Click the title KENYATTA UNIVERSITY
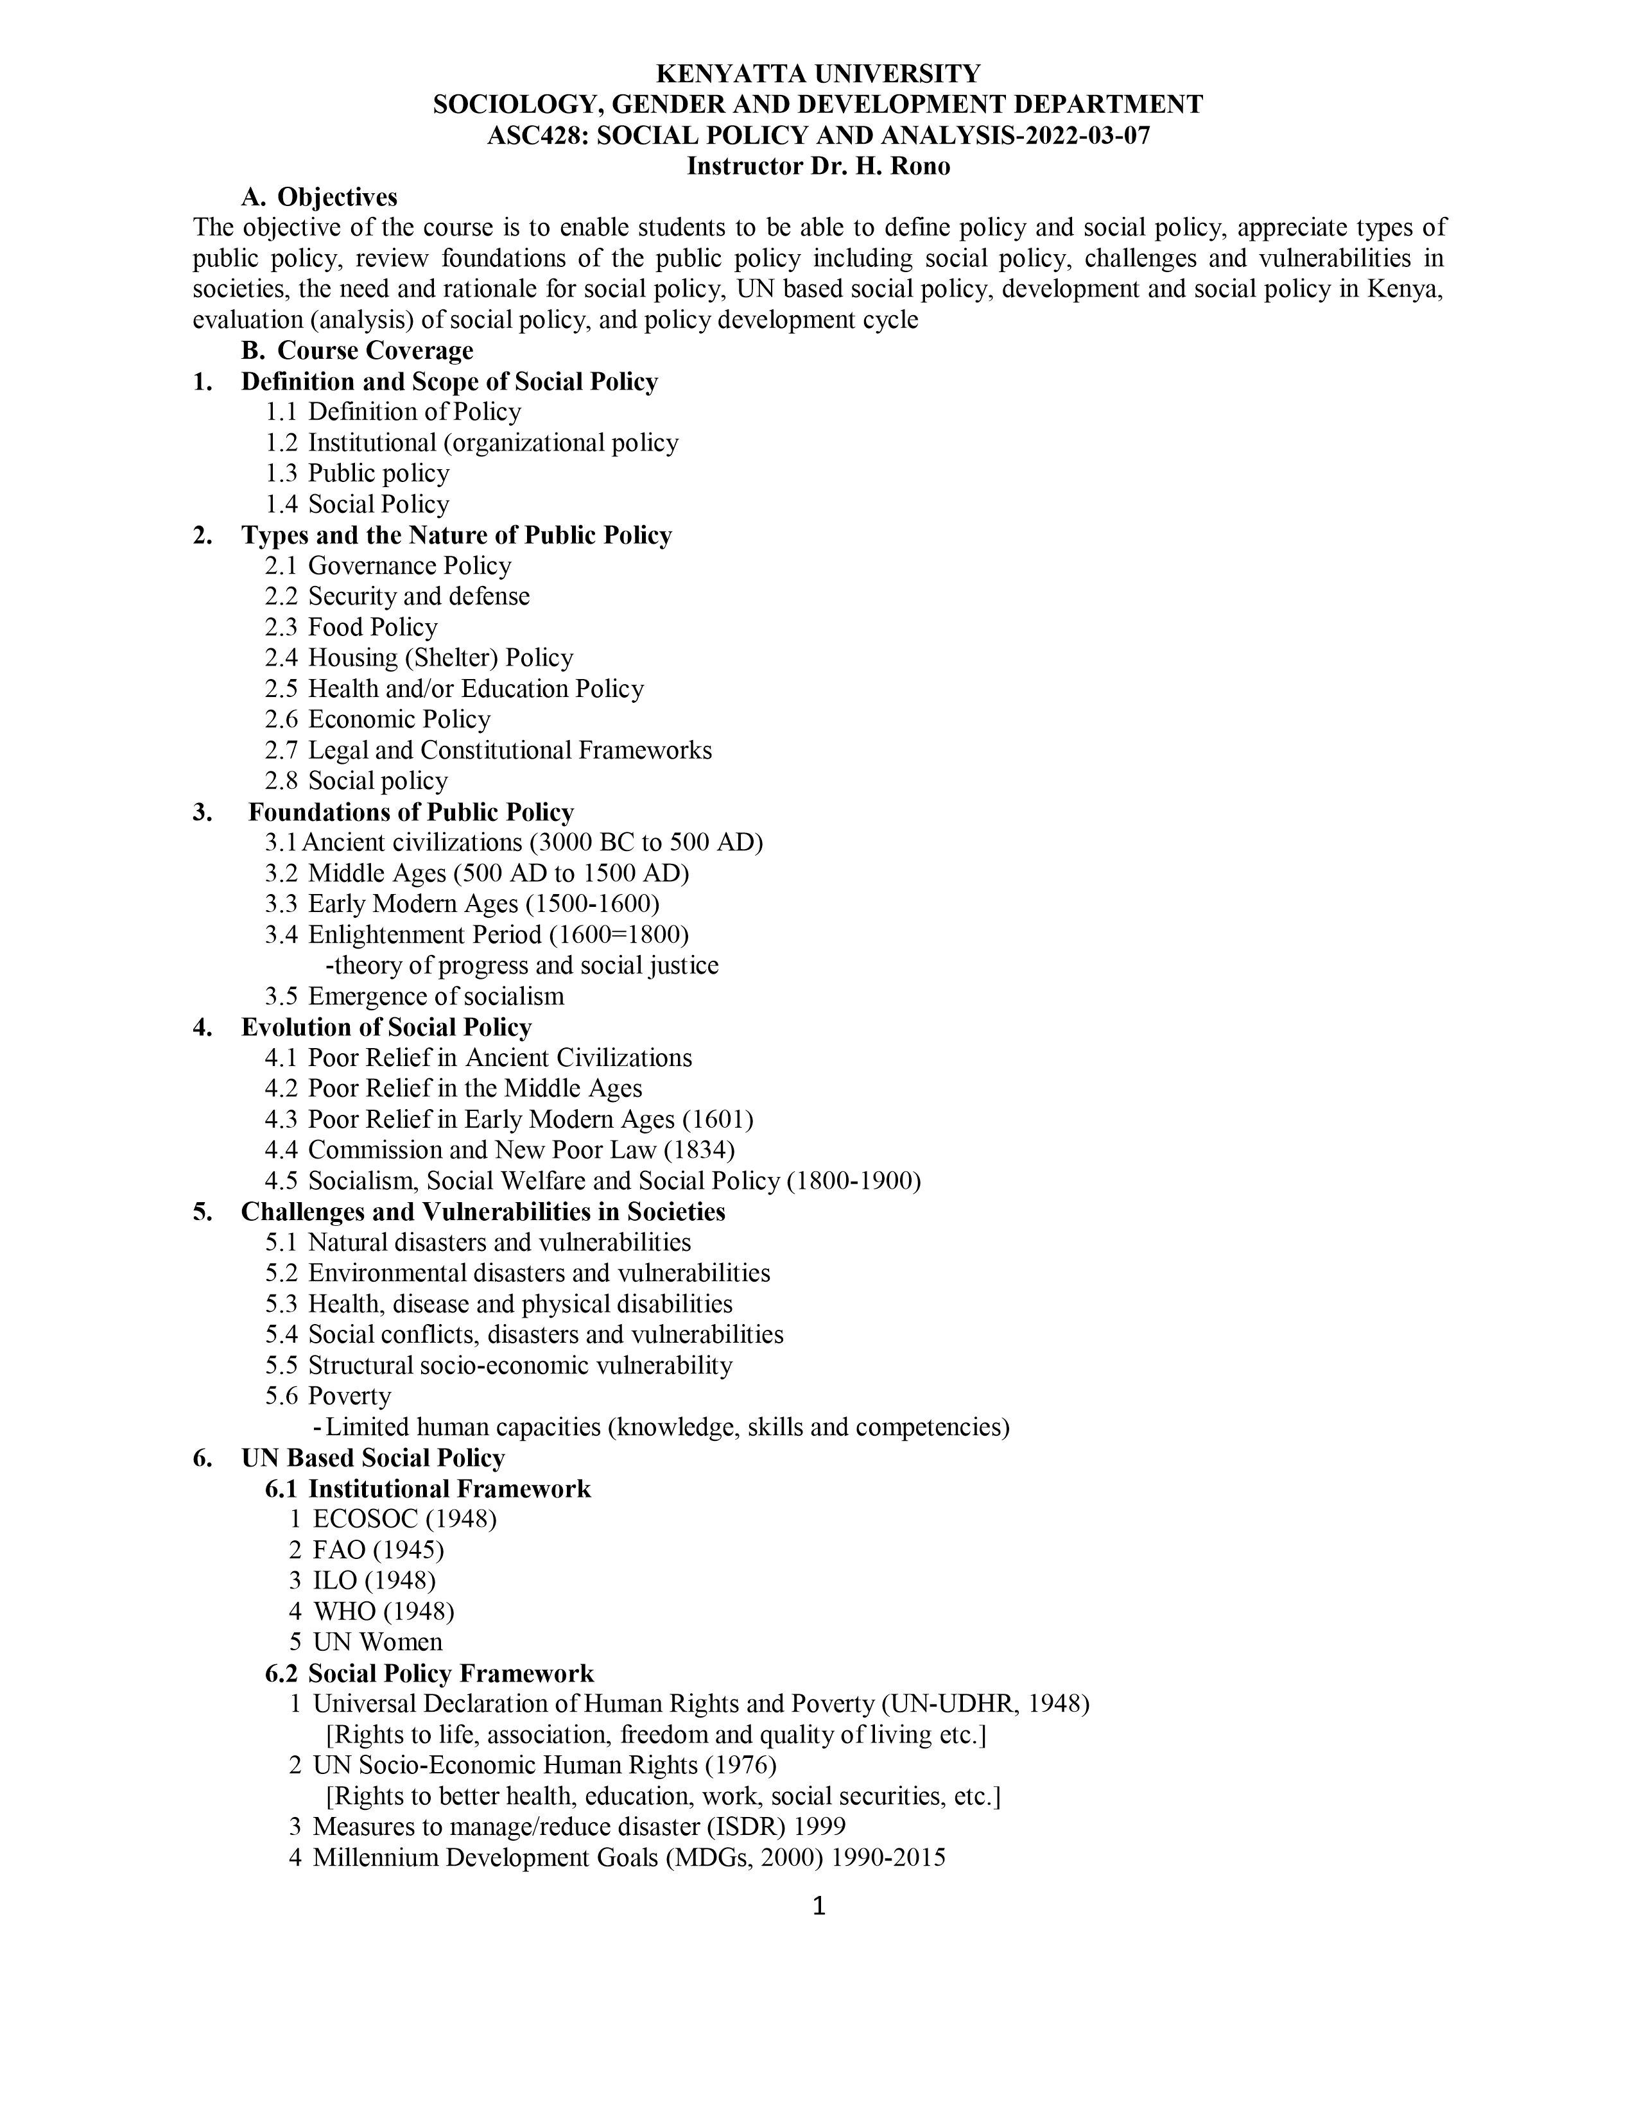point(818,74)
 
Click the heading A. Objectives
point(319,198)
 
